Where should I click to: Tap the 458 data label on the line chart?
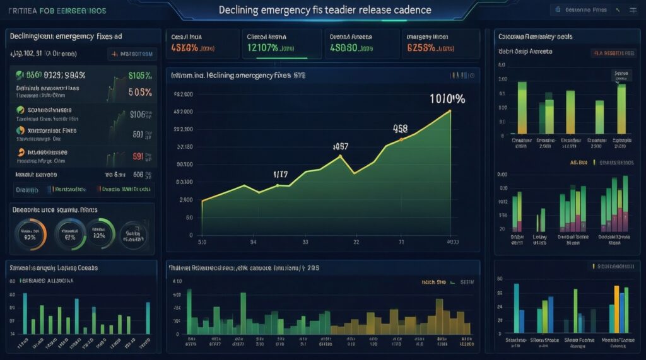[400, 129]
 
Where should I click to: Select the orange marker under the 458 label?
[401, 141]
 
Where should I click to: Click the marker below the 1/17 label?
[278, 185]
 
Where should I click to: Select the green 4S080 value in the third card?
[345, 47]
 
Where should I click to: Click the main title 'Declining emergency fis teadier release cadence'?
[325, 11]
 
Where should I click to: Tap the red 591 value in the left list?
[138, 156]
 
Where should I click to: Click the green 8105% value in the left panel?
[139, 76]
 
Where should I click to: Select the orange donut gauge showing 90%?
[30, 235]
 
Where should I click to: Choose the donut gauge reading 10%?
[99, 235]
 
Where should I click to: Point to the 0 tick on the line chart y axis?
[191, 235]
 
